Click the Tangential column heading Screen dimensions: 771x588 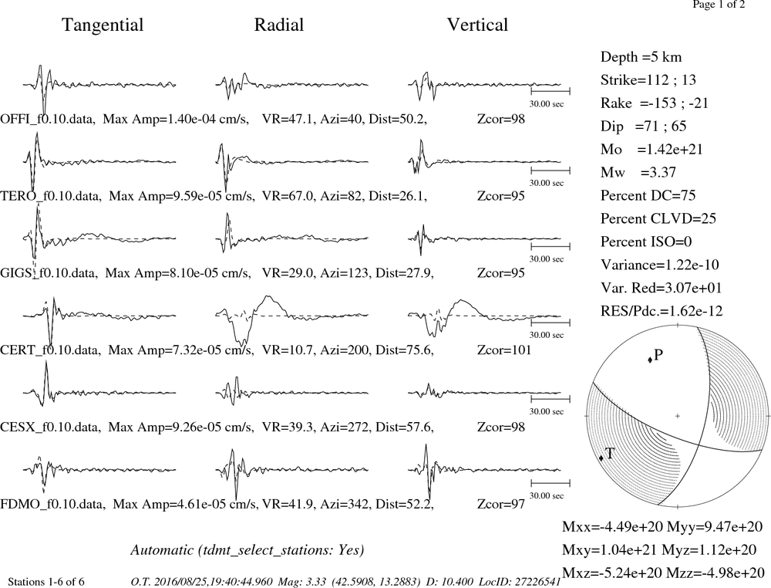[103, 25]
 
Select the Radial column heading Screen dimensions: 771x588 [279, 25]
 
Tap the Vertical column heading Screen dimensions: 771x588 [477, 25]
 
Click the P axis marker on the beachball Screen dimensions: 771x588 [650, 360]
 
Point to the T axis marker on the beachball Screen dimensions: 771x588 [601, 458]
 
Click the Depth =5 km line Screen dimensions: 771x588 [641, 57]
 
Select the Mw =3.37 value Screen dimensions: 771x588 [638, 172]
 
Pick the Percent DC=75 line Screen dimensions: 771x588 [648, 195]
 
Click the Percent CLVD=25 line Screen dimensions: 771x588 [658, 218]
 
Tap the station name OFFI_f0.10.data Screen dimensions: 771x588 [47, 119]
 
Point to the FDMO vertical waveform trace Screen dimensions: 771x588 [484, 470]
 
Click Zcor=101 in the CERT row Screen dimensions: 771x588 [504, 350]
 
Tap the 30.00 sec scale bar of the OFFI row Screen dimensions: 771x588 [550, 91]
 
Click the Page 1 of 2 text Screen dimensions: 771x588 [719, 5]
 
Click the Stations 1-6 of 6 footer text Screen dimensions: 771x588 [46, 582]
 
